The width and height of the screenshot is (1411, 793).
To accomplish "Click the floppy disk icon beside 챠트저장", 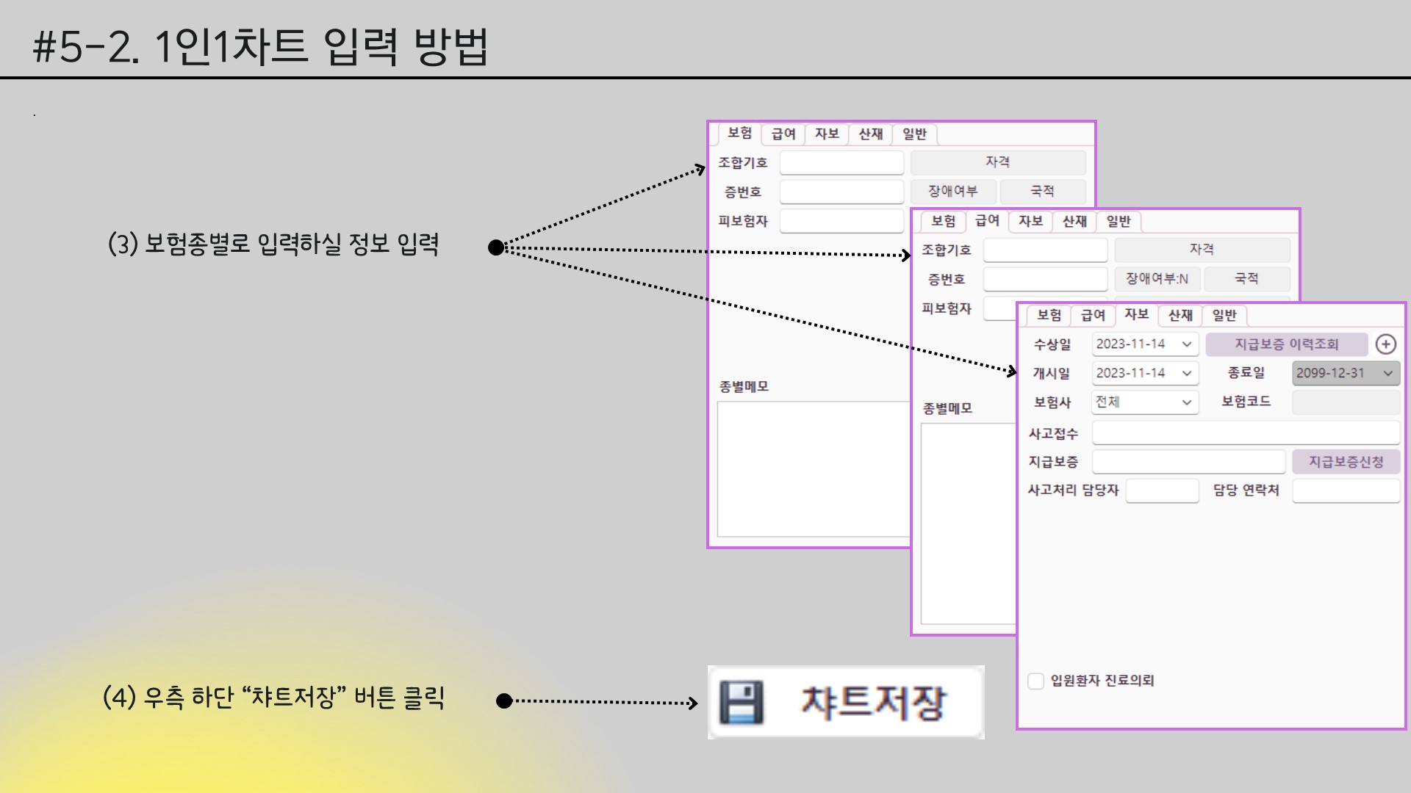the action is point(741,703).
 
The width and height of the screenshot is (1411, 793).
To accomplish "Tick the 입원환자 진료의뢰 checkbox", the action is point(1035,681).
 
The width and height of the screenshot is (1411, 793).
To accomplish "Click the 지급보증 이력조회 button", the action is point(1286,344).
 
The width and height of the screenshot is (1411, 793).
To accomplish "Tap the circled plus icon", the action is point(1385,344).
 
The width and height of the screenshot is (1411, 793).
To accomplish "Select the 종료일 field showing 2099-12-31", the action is point(1345,373).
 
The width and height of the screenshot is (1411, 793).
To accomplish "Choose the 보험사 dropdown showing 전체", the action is point(1144,402).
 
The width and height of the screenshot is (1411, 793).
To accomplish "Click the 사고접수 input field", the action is point(1245,433).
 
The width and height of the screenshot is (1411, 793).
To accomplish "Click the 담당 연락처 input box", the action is point(1345,490).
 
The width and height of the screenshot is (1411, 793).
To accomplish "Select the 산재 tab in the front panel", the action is point(1180,315).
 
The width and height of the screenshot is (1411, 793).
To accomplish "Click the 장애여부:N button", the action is point(1157,279).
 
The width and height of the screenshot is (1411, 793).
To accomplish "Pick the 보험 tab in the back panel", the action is point(739,133).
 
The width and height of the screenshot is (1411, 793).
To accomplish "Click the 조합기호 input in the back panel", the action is point(841,162).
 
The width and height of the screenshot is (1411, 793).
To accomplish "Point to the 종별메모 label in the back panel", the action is point(744,387).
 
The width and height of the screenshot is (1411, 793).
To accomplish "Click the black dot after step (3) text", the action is point(496,248).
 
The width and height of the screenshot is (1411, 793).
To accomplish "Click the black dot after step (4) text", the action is point(504,701).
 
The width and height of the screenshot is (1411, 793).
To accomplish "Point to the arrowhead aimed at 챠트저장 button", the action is point(693,703).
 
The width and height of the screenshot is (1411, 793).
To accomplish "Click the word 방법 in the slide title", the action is point(450,47).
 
